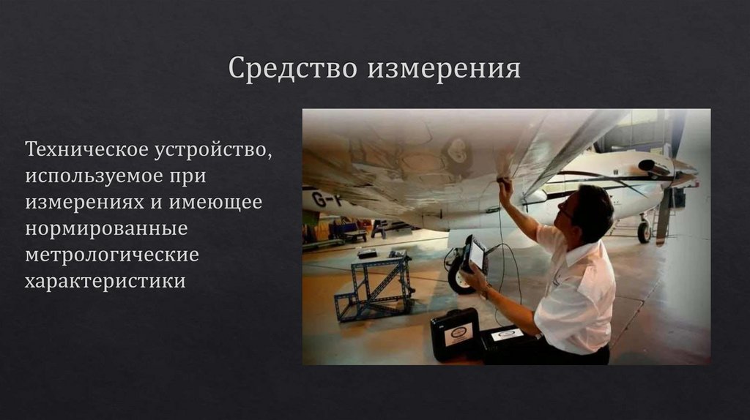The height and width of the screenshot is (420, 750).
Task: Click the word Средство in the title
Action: pos(293,69)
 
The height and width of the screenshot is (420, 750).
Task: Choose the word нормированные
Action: pos(106,229)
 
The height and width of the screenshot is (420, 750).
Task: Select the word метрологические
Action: pos(111,255)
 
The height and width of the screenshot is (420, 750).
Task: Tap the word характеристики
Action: pos(105,282)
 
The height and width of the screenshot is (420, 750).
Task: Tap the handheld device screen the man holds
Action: pos(475,255)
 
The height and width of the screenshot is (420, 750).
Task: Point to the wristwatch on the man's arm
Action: pos(486,290)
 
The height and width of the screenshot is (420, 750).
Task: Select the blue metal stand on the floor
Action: pos(374,287)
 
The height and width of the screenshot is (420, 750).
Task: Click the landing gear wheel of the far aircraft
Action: pos(644,232)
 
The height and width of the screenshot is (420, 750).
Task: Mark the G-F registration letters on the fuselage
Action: pos(322,198)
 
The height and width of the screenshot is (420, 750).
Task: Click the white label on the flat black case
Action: pos(508,334)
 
